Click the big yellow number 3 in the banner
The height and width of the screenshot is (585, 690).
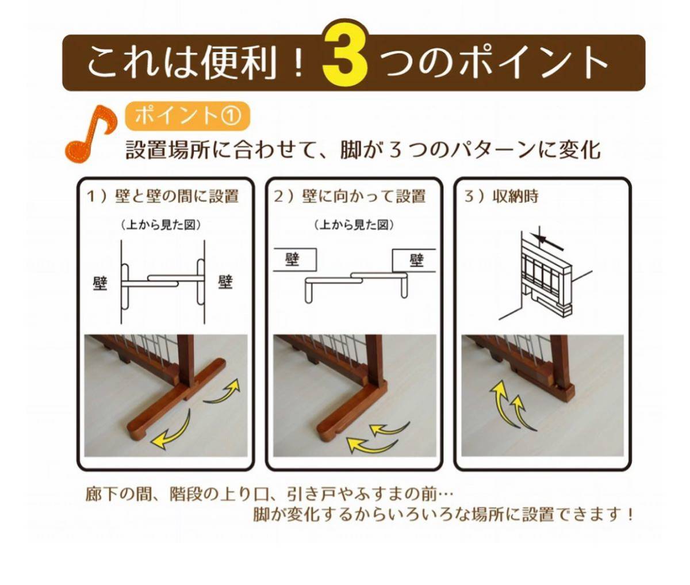[x=346, y=53]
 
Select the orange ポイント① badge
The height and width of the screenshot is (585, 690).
[x=187, y=116]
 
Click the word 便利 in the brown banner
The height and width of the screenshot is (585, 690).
[x=240, y=63]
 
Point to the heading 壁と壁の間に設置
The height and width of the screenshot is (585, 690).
[x=177, y=196]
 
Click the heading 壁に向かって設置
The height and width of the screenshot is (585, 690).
[x=364, y=196]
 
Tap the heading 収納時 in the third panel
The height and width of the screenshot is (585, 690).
[x=515, y=196]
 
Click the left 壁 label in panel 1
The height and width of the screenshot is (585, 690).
[x=100, y=284]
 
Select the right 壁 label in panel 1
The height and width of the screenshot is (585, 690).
[x=225, y=282]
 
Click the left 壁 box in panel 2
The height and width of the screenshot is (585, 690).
[x=295, y=259]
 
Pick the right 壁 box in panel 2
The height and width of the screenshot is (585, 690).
[x=414, y=260]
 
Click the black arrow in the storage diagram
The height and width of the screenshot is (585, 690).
[x=547, y=242]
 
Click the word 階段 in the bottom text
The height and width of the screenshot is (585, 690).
[x=186, y=495]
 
